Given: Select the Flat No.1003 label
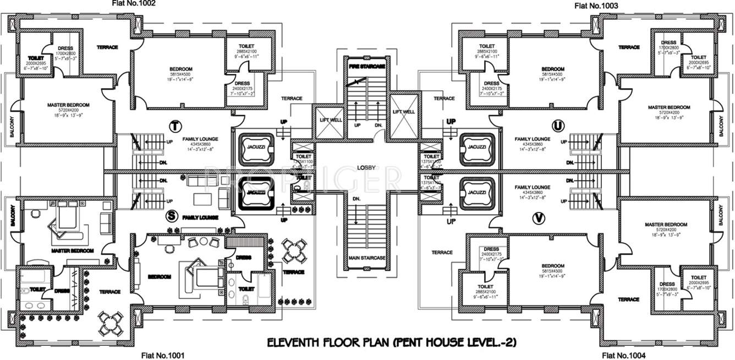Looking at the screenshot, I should pyautogui.click(x=596, y=6).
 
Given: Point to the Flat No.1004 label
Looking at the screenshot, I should pyautogui.click(x=624, y=355).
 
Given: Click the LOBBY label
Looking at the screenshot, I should pyautogui.click(x=366, y=167).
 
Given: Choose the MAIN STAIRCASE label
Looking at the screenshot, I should pyautogui.click(x=366, y=258).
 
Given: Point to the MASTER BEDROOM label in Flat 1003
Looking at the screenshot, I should pyautogui.click(x=668, y=107).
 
